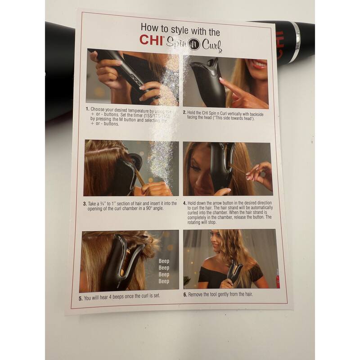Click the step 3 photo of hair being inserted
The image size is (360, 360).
click(x=131, y=168)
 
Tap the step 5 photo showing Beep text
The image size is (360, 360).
click(x=129, y=261)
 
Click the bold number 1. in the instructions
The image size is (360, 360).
click(x=88, y=109)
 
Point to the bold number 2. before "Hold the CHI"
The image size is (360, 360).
click(x=184, y=112)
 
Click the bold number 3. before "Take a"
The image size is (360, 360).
click(x=85, y=203)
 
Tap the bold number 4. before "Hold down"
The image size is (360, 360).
click(x=184, y=204)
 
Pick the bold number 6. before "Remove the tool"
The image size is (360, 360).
click(x=185, y=295)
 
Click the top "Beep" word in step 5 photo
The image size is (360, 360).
click(x=164, y=261)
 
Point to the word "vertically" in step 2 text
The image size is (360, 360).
click(x=234, y=112)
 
